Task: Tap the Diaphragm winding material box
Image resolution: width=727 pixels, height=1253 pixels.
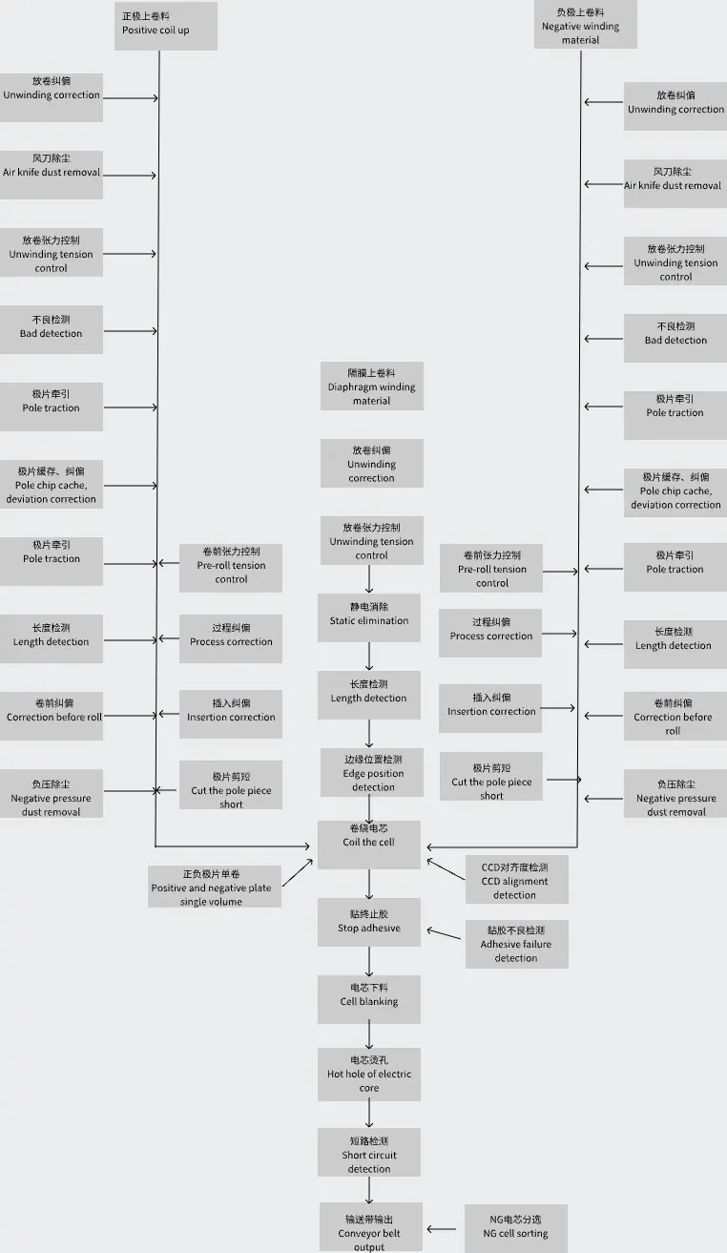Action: click(371, 386)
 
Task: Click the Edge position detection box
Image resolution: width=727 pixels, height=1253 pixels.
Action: click(372, 773)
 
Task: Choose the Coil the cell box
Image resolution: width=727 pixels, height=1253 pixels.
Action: click(368, 844)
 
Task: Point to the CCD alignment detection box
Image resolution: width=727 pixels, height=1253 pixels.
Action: click(515, 880)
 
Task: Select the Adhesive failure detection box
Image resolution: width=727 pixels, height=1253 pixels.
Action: click(515, 945)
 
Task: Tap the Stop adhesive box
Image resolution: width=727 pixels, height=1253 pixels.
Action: click(368, 922)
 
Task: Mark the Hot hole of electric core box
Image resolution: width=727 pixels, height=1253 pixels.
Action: click(368, 1074)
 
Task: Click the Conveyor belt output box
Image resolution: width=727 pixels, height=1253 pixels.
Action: click(370, 1226)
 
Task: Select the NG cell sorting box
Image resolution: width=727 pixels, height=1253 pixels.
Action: click(515, 1227)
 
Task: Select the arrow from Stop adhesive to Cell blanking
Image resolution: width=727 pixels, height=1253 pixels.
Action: click(369, 961)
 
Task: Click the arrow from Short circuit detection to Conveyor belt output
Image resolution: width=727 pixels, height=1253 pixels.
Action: click(369, 1191)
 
